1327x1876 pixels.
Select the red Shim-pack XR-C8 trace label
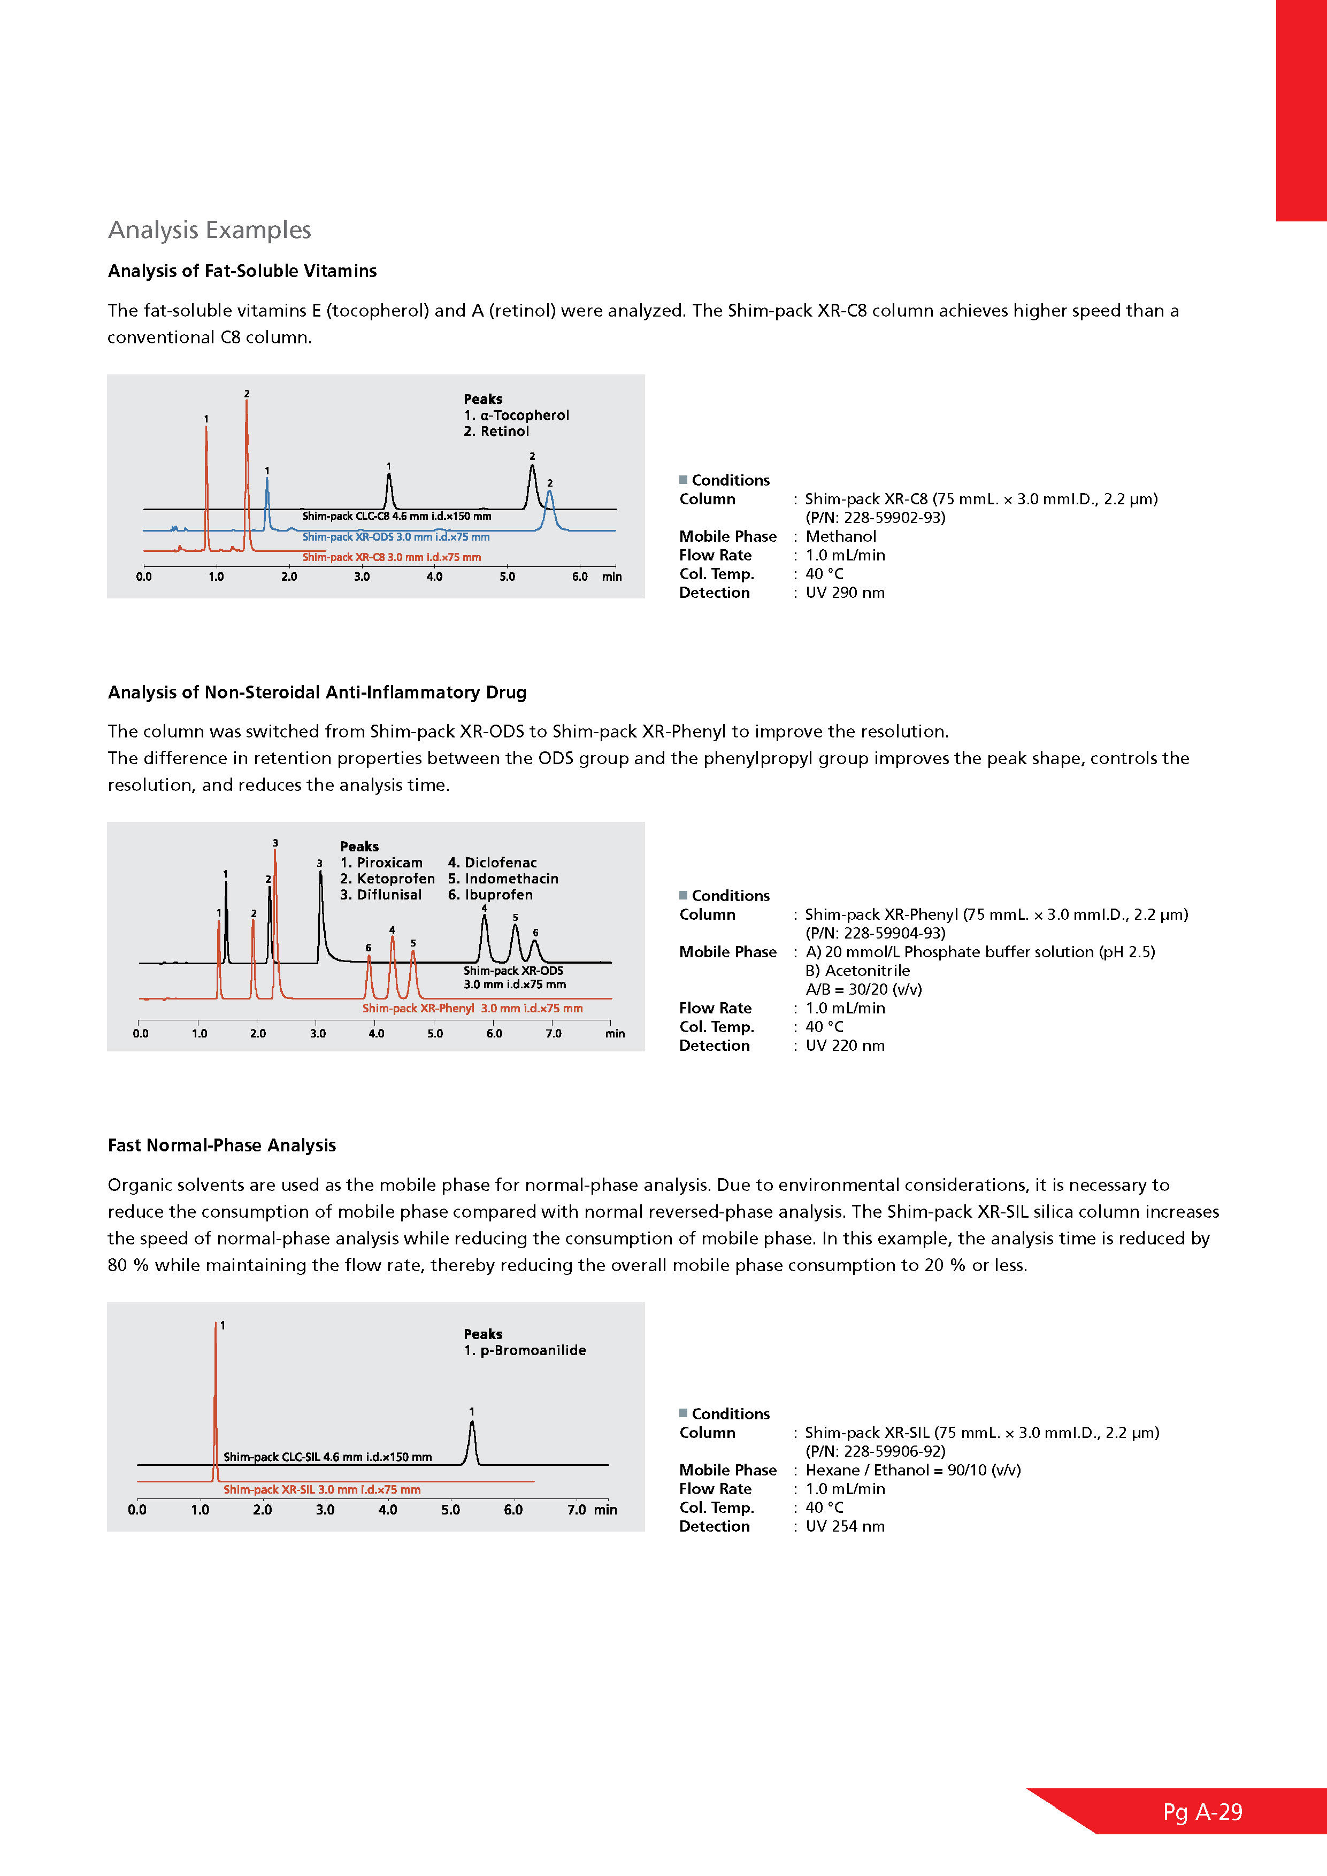tap(392, 557)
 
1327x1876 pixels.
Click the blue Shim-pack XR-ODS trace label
tap(395, 537)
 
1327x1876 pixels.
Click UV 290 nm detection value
tap(845, 593)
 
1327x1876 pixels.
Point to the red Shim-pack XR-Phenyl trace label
tap(472, 1008)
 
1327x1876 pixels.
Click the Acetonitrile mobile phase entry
tap(857, 971)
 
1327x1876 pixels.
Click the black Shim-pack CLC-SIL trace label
tap(328, 1457)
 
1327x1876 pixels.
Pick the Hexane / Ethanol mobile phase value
tap(912, 1470)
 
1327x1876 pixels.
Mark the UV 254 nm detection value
tap(845, 1526)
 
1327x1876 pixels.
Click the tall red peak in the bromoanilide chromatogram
tap(216, 1389)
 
